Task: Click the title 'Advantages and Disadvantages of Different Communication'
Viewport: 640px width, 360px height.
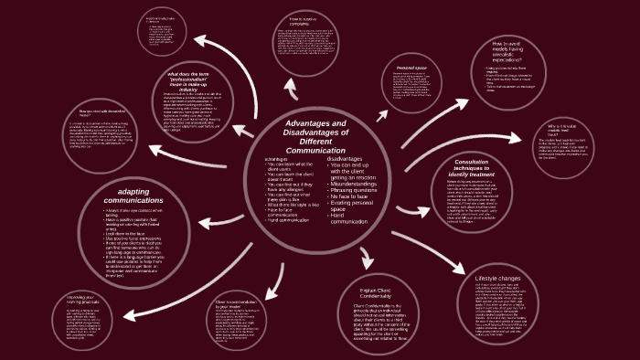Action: coord(315,137)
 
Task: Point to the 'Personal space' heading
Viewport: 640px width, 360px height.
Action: coord(412,68)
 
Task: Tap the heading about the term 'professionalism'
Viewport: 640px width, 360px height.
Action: coord(196,79)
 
